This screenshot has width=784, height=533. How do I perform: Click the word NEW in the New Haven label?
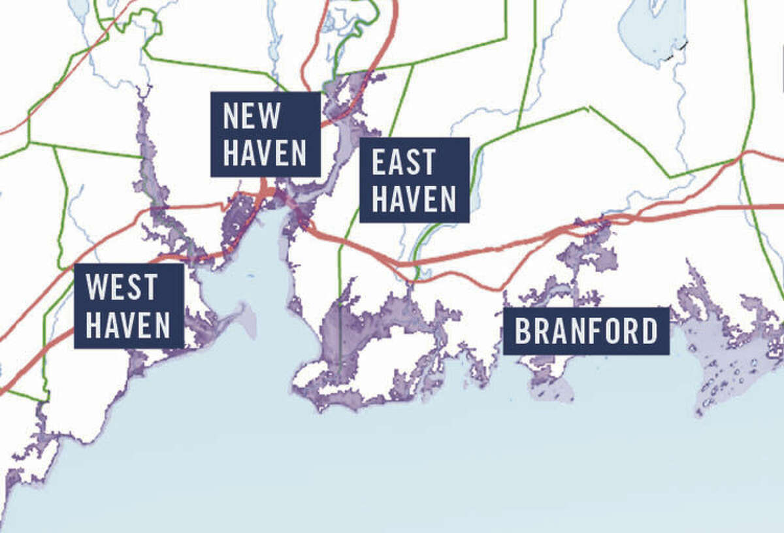tap(252, 116)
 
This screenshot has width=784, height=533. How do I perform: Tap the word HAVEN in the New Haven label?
tap(265, 153)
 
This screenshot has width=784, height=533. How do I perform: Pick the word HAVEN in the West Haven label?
tap(128, 325)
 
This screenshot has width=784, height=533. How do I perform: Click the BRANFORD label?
tap(586, 331)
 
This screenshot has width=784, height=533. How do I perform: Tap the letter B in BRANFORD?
tap(522, 331)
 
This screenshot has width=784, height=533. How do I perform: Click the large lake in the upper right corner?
tap(650, 33)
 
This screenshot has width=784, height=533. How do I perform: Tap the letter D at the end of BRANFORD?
tap(649, 331)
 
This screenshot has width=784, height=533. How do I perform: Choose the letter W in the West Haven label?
tap(94, 287)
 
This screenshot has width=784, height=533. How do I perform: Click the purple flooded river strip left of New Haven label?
tap(145, 157)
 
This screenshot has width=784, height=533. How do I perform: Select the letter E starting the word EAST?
tap(377, 162)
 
